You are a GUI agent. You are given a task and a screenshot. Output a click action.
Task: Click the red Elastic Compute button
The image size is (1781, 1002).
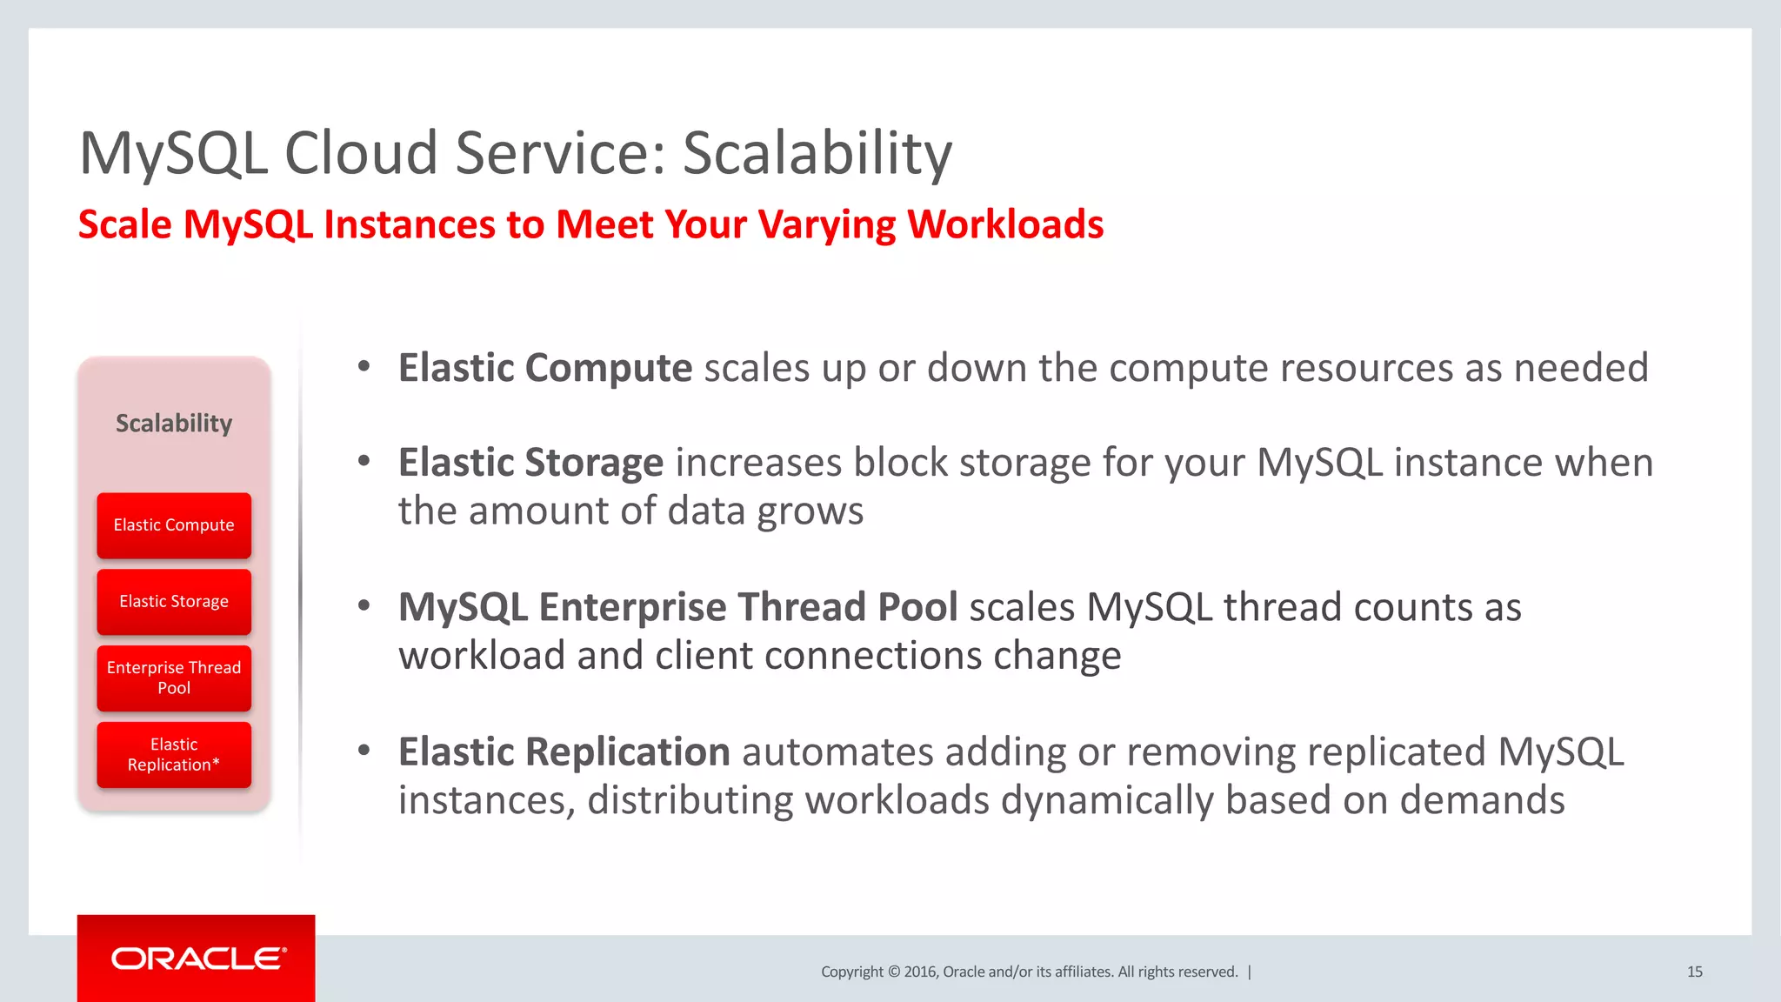[x=174, y=525]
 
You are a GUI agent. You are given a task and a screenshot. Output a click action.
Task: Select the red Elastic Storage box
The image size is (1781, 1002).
[x=174, y=602]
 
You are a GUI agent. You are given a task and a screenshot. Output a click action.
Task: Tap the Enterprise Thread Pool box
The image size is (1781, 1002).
[x=174, y=678]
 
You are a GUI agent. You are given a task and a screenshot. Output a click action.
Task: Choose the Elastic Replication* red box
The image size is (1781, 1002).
[x=174, y=754]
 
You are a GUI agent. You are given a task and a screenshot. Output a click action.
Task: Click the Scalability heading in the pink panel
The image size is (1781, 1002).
[x=174, y=424]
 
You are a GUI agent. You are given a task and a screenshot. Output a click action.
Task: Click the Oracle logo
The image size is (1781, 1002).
[x=197, y=959]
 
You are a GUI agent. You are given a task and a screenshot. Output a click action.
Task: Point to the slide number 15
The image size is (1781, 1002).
[x=1694, y=972]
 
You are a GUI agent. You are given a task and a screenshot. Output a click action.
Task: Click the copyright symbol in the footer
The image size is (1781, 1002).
[x=893, y=972]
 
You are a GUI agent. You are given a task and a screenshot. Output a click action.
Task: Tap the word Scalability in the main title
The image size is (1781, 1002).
[x=817, y=154]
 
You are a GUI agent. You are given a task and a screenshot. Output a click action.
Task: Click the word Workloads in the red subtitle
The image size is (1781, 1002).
[x=1005, y=224]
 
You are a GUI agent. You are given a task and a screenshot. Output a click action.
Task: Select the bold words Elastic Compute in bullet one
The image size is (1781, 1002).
[x=545, y=368]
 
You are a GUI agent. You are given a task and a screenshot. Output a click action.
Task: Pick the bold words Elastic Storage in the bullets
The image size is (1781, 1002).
[x=530, y=463]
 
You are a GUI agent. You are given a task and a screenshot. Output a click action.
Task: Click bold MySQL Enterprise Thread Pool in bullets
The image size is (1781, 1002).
[x=677, y=607]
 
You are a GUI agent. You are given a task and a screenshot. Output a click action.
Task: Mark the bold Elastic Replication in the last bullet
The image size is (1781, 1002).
[x=564, y=752]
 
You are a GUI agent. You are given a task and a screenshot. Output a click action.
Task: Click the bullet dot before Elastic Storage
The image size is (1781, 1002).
[x=364, y=461]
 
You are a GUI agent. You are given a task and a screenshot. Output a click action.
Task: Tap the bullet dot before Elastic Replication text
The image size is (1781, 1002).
[x=364, y=750]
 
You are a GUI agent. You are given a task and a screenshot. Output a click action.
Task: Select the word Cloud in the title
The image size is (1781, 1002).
[x=360, y=154]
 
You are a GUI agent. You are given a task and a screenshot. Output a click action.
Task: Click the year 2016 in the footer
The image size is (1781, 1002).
[x=920, y=972]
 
